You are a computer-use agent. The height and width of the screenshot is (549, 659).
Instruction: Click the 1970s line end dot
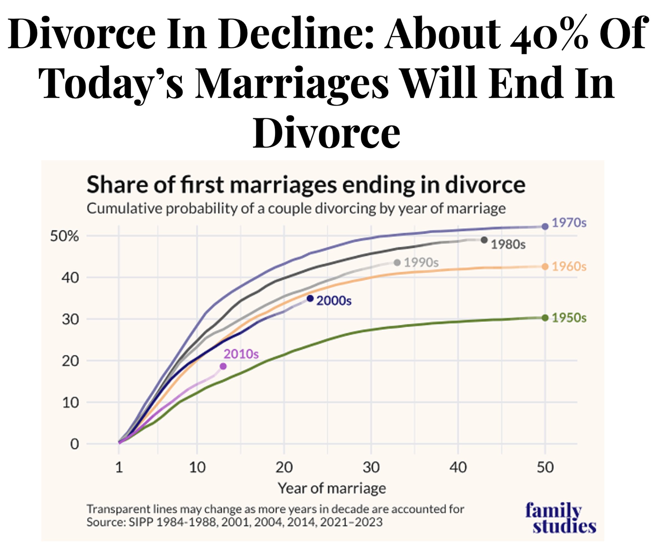tap(545, 226)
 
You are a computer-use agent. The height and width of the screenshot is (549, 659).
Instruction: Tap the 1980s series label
tap(508, 244)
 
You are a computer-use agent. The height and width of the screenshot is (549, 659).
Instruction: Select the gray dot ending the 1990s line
tap(397, 262)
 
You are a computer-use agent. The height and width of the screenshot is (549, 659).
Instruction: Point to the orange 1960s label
tap(569, 266)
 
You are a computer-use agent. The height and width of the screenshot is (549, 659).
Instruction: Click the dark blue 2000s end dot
tap(310, 298)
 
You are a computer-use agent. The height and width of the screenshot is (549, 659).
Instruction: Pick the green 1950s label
tap(569, 318)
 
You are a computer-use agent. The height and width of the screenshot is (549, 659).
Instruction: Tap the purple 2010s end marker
tap(223, 366)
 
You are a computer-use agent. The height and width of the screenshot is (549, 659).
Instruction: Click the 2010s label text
tap(241, 354)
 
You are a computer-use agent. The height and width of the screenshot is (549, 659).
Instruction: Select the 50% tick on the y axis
tap(64, 236)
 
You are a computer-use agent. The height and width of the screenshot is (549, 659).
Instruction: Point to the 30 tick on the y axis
tap(70, 320)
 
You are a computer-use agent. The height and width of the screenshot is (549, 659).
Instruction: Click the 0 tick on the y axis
tap(74, 444)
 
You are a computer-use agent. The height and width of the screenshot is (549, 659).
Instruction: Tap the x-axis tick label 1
tap(119, 468)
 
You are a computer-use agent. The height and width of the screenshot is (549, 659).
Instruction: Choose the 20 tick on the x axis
tap(284, 468)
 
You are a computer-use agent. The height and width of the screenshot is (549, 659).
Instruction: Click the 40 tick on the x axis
tap(458, 468)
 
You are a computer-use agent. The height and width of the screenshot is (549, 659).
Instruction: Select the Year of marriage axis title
tap(332, 488)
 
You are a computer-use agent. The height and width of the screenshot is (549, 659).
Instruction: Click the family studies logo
tap(560, 518)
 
